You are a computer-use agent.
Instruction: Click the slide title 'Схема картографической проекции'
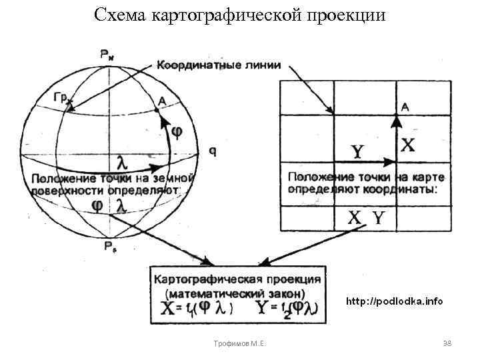240,15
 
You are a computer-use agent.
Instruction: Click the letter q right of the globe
212,151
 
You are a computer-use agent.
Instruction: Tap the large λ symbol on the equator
122,161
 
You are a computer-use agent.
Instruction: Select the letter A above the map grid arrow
405,107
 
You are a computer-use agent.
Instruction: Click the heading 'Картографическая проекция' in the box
238,279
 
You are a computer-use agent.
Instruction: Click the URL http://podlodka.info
393,301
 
